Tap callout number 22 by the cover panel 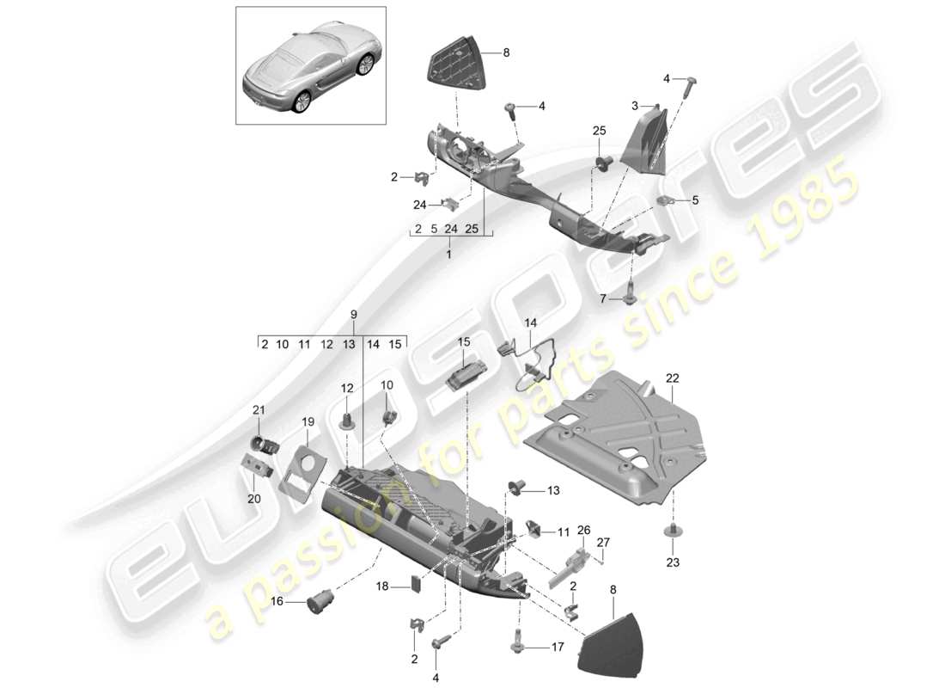pyautogui.click(x=672, y=378)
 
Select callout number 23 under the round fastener pyautogui.click(x=672, y=563)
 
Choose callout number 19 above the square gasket pyautogui.click(x=308, y=421)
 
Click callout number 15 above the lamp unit pyautogui.click(x=464, y=342)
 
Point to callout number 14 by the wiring pyautogui.click(x=531, y=323)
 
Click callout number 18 pyautogui.click(x=383, y=587)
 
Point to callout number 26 pyautogui.click(x=584, y=530)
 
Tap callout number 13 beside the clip pyautogui.click(x=552, y=490)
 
